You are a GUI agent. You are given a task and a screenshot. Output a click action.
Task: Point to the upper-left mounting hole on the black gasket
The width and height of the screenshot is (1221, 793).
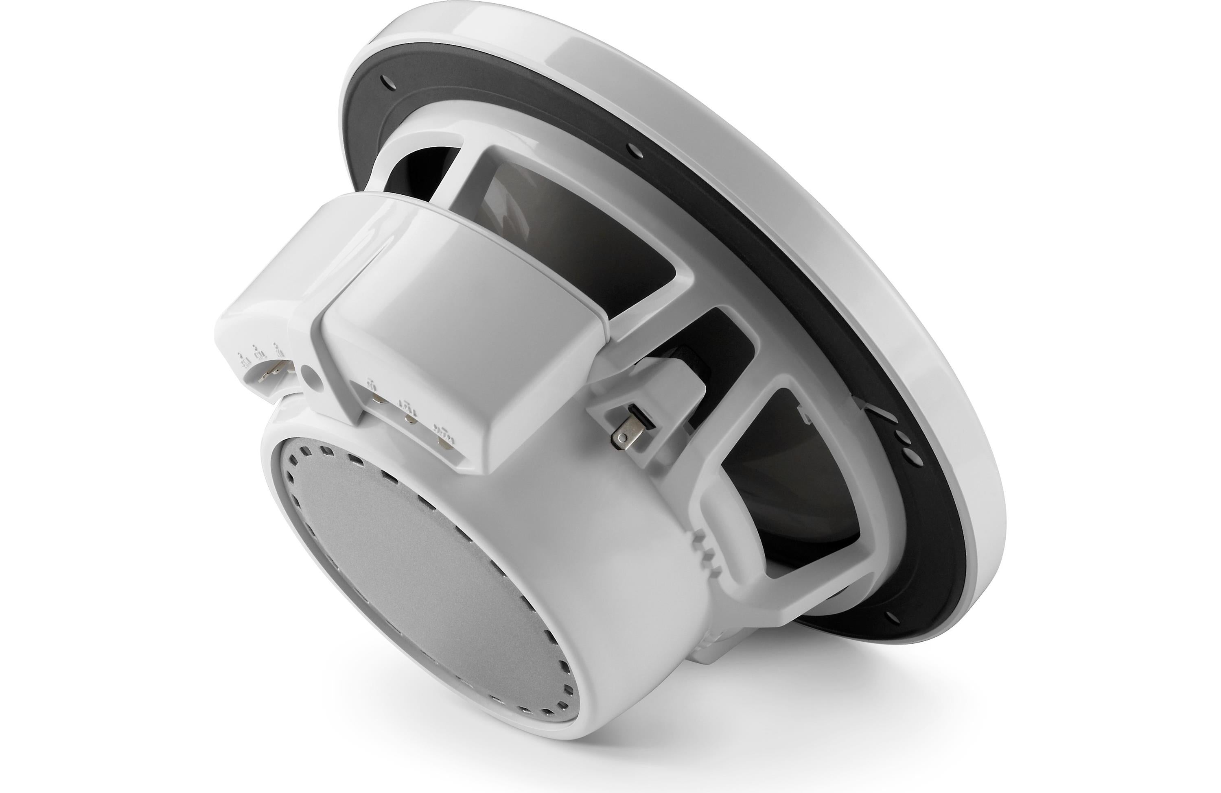385,81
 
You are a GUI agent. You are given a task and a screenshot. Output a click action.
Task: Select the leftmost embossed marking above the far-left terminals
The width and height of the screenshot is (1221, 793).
241,360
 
